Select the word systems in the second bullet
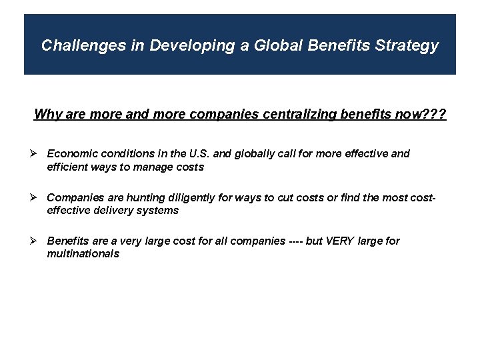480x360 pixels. pyautogui.click(x=159, y=210)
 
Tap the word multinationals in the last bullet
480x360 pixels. pyautogui.click(x=83, y=253)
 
